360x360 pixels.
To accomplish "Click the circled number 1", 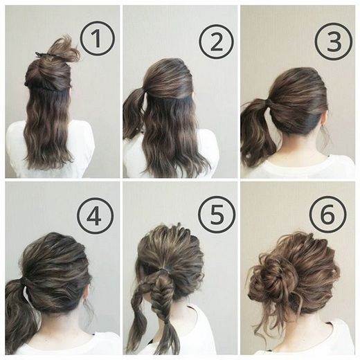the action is (97, 38).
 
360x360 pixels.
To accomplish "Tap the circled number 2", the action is (216, 42).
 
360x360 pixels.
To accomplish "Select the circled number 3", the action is (334, 41).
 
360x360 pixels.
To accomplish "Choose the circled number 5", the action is (217, 215).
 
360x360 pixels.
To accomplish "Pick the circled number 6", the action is (327, 214).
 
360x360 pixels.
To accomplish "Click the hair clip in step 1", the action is (44, 55).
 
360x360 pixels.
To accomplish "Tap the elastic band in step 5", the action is (165, 269).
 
